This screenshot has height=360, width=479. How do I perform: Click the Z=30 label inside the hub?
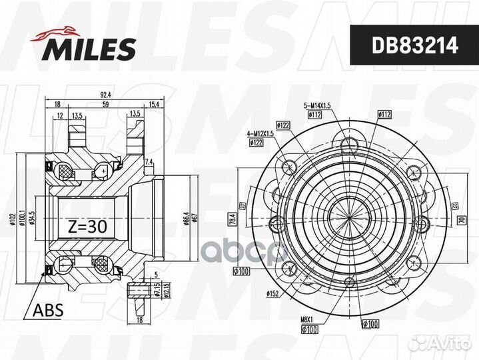coord(87,226)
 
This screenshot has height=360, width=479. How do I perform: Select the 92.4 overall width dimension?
coord(105,95)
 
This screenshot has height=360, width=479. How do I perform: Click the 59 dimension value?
coord(105,105)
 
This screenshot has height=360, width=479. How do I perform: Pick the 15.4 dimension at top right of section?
coord(155,105)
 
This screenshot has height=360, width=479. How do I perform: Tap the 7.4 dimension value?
coord(149,162)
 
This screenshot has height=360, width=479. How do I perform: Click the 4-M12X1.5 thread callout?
coord(261,133)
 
